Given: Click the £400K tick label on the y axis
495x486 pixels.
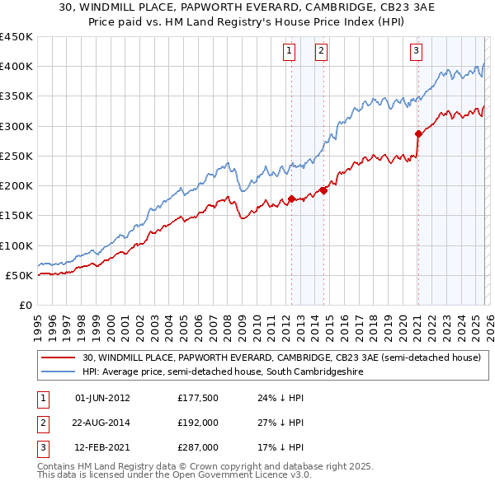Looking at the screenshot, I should point(16,67).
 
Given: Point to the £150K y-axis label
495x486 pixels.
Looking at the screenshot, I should point(16,216).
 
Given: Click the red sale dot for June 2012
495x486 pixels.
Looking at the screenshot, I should point(291,199).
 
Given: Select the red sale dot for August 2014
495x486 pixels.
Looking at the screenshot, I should point(323,190).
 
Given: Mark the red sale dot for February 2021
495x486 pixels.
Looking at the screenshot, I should point(418,133).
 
